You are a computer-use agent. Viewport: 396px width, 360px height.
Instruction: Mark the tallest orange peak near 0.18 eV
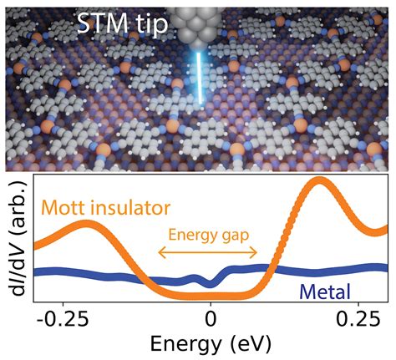coord(317,183)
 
